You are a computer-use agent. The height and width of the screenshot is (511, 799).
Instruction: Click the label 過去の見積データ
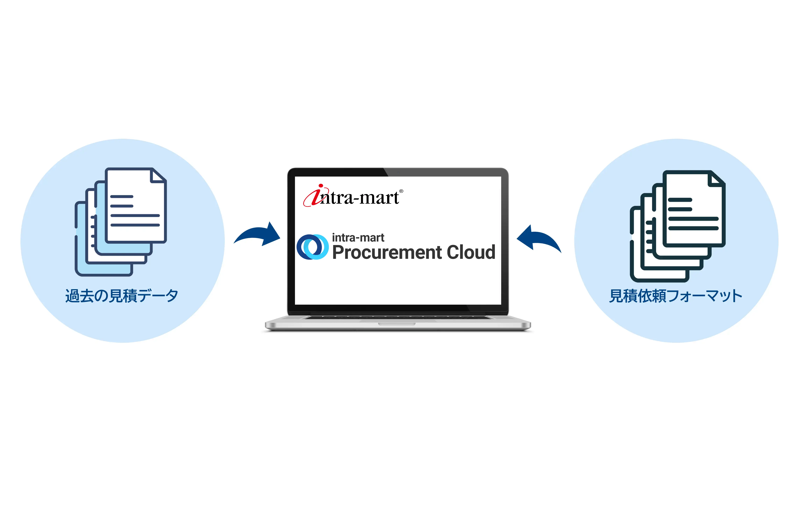pos(122,296)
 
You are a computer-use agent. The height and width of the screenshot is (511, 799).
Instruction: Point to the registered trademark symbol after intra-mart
pos(401,191)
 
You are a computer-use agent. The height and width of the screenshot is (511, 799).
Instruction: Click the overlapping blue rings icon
pos(312,247)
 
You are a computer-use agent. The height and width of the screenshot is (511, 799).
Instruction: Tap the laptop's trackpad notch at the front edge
pos(397,324)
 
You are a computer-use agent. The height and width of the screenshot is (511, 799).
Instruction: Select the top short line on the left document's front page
pos(122,197)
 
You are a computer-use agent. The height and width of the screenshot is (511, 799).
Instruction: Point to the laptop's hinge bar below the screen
pos(398,313)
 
